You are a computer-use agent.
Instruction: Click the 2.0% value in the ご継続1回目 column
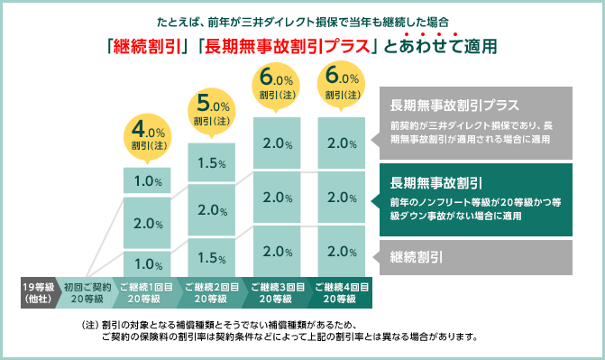(147, 223)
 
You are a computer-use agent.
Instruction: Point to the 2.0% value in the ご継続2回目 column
(212, 210)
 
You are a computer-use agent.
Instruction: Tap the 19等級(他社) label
(35, 293)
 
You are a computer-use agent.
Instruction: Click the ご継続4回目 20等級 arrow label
(342, 293)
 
